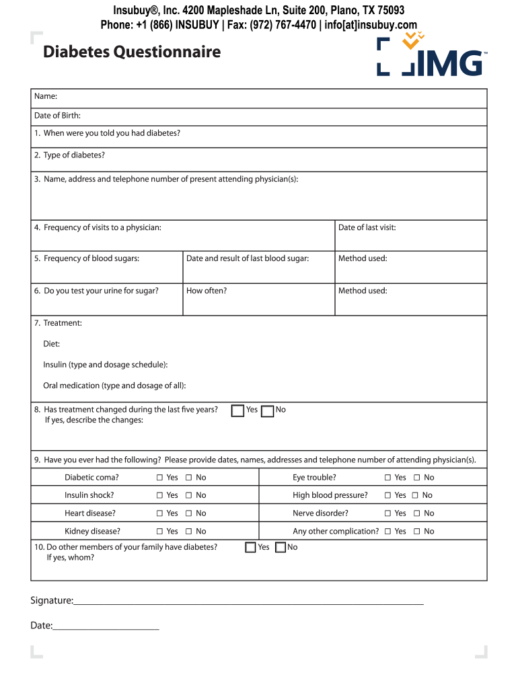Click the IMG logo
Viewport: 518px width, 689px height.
(431, 57)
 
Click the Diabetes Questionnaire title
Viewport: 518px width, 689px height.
(132, 52)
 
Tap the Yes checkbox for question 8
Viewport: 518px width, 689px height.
(237, 410)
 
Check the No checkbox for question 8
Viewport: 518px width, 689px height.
(267, 410)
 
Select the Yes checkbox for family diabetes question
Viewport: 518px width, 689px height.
(250, 548)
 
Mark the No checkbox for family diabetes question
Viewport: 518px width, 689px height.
(281, 548)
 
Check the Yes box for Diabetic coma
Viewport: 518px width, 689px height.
(160, 478)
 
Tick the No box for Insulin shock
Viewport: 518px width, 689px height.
(189, 495)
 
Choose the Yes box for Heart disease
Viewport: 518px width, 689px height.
(160, 513)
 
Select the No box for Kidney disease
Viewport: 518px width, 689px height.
(189, 532)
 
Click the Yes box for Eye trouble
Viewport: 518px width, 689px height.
(387, 478)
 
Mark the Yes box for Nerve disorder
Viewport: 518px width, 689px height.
(387, 513)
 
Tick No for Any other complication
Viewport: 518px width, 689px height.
(417, 532)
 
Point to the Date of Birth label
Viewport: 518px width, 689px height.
(57, 116)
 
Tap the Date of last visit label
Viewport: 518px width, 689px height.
(367, 227)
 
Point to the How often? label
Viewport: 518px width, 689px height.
(207, 291)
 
